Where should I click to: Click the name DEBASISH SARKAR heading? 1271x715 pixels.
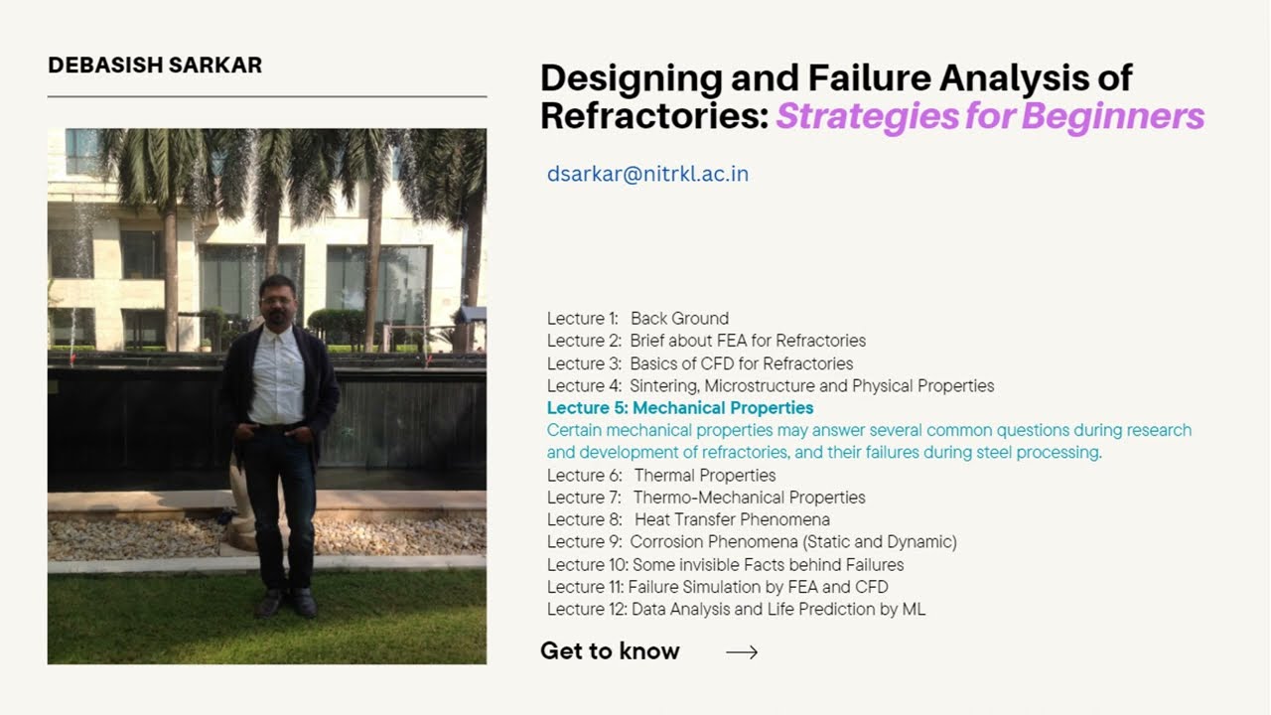[x=155, y=66]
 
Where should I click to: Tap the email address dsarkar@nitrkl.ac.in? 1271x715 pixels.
[x=647, y=175]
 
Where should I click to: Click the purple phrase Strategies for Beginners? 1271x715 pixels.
[x=989, y=117]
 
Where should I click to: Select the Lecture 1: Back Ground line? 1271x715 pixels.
[x=637, y=319]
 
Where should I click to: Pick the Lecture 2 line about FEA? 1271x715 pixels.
[x=706, y=341]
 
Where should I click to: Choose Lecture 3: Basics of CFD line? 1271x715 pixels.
[x=699, y=363]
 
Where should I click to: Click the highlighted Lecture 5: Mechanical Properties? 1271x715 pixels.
[x=680, y=408]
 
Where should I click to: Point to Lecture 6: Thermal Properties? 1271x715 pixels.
[x=661, y=476]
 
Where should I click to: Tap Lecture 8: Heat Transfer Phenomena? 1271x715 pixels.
[x=688, y=519]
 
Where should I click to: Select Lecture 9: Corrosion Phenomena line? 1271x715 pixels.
[x=752, y=542]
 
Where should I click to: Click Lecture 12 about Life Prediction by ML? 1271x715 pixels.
[x=736, y=610]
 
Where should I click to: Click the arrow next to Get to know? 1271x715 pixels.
[x=742, y=652]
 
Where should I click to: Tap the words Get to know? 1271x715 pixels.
[x=610, y=651]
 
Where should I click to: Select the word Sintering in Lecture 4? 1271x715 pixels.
[x=664, y=386]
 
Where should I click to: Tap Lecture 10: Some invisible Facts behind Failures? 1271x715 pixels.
[x=725, y=565]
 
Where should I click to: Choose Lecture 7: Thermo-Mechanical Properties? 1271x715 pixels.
[x=706, y=498]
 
